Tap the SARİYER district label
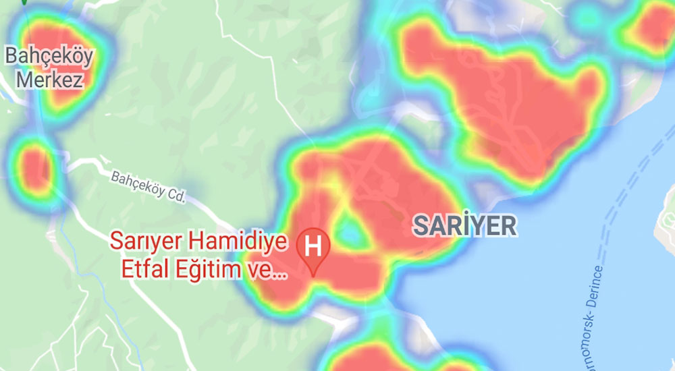pyautogui.click(x=464, y=226)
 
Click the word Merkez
pyautogui.click(x=49, y=81)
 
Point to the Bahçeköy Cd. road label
pyautogui.click(x=147, y=187)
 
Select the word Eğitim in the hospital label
pyautogui.click(x=210, y=270)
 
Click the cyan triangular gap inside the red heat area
pyautogui.click(x=350, y=233)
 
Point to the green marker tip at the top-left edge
pyautogui.click(x=25, y=2)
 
